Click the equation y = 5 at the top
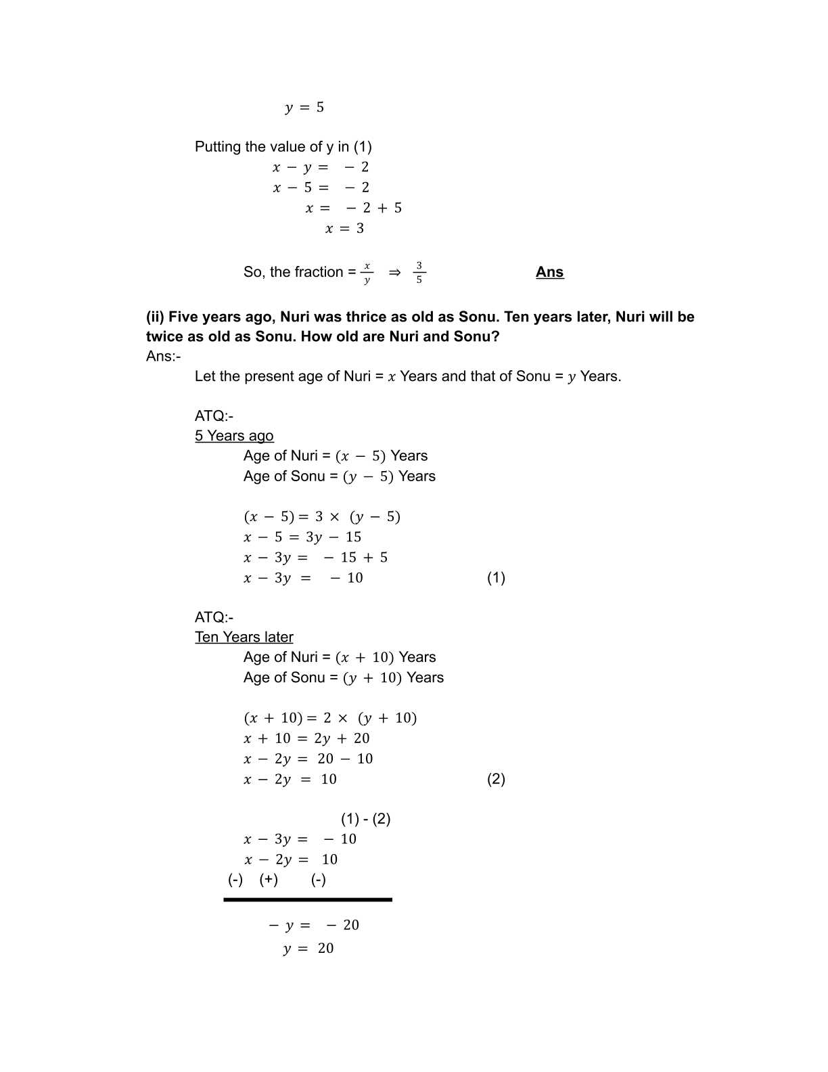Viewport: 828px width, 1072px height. [x=304, y=108]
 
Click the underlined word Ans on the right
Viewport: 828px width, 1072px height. [x=549, y=272]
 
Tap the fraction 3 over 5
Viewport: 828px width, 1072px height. [x=419, y=272]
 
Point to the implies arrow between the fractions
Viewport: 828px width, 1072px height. [x=394, y=272]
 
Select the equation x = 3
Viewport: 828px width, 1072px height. [x=344, y=229]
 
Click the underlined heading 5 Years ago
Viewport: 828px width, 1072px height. [x=234, y=436]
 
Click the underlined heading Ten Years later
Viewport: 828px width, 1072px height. [x=244, y=637]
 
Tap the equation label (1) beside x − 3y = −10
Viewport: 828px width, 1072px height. [x=496, y=577]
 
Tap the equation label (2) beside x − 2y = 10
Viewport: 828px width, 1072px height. [x=496, y=779]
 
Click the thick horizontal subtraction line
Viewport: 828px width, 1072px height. [x=308, y=899]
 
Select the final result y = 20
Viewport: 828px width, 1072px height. [x=308, y=948]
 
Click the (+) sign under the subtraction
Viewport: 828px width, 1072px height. [x=269, y=880]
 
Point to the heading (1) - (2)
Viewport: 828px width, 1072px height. [x=365, y=819]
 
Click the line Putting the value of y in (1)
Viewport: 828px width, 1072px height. [x=283, y=147]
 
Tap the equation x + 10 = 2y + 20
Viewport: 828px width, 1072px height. [x=306, y=738]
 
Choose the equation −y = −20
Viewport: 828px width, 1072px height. [x=313, y=925]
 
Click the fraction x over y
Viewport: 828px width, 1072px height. [x=367, y=272]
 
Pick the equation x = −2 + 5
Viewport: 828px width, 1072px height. [x=353, y=208]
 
